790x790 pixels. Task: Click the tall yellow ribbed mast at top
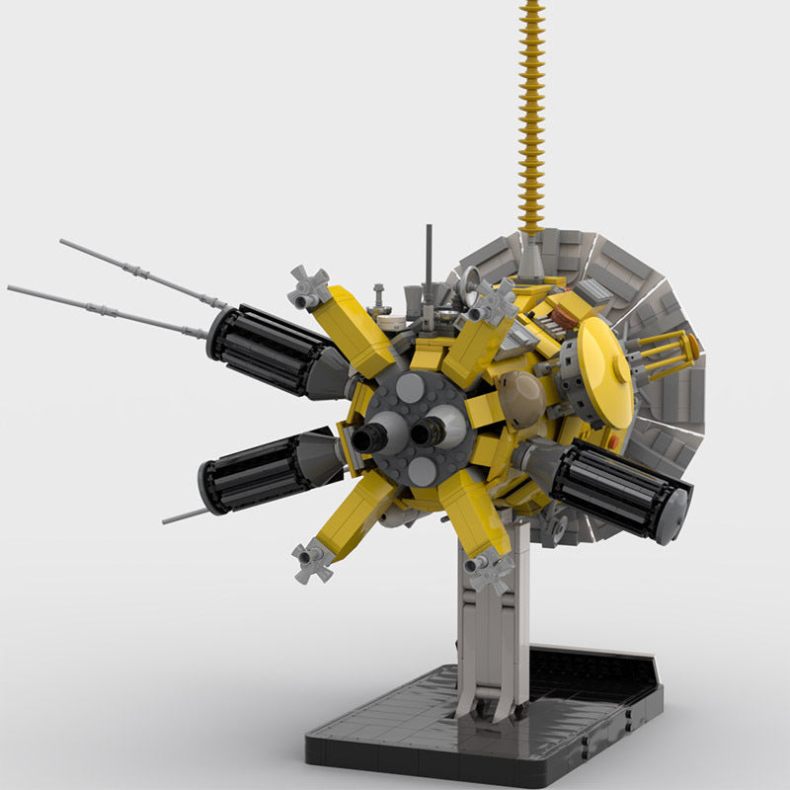[532, 109]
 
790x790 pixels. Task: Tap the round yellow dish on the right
[603, 372]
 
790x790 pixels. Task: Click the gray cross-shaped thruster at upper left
[308, 286]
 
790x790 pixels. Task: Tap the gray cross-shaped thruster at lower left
[312, 560]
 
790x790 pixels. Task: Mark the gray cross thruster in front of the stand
[491, 570]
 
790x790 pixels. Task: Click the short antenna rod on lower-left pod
[185, 514]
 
